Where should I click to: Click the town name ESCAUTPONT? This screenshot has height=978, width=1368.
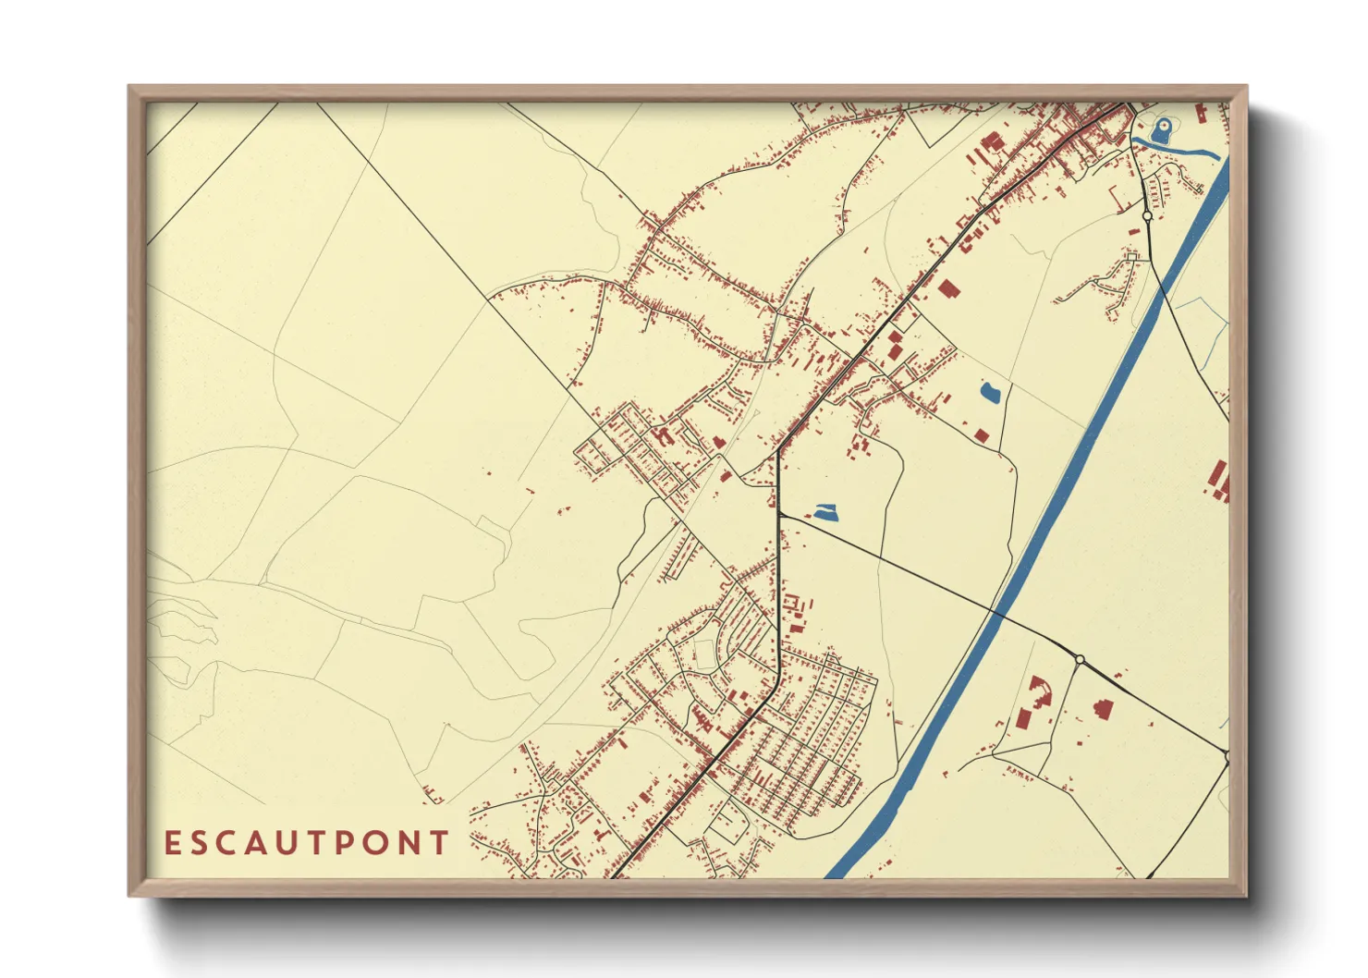pyautogui.click(x=306, y=843)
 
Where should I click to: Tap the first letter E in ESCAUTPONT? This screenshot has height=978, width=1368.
pyautogui.click(x=172, y=843)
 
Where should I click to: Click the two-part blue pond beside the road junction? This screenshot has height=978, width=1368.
pyautogui.click(x=825, y=511)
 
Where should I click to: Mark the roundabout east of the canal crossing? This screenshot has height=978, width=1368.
pyautogui.click(x=1079, y=659)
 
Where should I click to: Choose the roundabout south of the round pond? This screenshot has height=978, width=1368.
pyautogui.click(x=1147, y=215)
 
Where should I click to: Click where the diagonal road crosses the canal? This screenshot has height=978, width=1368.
pyautogui.click(x=996, y=611)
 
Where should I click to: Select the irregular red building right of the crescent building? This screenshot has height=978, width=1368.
pyautogui.click(x=1103, y=709)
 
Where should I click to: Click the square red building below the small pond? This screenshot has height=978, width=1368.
pyautogui.click(x=982, y=434)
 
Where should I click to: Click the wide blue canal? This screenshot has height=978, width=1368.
pyautogui.click(x=1063, y=490)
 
